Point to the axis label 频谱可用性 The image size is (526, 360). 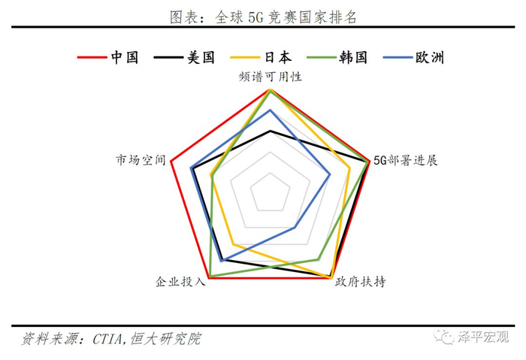tap(271, 77)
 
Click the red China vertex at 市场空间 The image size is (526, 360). tap(171, 162)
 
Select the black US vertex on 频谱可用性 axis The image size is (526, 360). tap(271, 131)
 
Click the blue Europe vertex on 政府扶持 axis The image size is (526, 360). tap(295, 227)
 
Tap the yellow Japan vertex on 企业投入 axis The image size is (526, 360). tap(234, 244)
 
